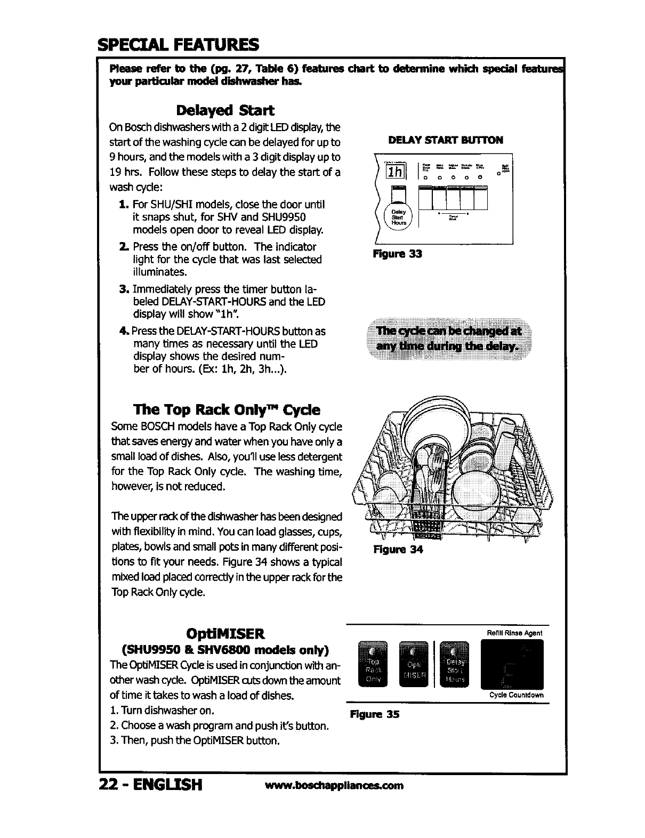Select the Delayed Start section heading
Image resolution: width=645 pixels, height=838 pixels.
[225, 110]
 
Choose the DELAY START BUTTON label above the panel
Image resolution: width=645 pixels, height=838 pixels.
[446, 140]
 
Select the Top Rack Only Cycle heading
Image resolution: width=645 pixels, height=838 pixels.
[227, 410]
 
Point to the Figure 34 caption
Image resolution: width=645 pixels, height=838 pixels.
[398, 550]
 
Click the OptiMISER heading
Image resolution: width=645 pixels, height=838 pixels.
[225, 634]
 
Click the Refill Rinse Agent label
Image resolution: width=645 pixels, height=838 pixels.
[515, 633]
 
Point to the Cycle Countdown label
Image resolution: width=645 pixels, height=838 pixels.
[516, 695]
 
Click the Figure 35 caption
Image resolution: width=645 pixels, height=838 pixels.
[374, 714]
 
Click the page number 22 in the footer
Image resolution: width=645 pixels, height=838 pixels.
[109, 785]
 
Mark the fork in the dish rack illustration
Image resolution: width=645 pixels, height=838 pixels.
[436, 469]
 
